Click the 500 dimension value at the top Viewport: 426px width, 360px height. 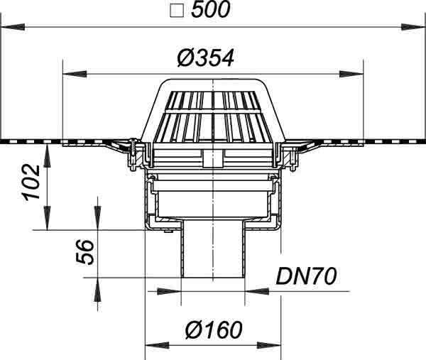tap(211, 10)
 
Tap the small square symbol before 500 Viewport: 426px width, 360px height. tap(177, 11)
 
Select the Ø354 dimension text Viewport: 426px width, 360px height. tap(206, 58)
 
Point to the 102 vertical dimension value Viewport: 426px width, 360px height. tap(33, 182)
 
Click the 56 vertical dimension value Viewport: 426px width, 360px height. tap(85, 252)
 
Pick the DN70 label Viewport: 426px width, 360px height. tap(306, 276)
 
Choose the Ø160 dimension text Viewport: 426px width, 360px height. tap(214, 330)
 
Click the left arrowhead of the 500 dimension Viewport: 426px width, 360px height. tap(13, 27)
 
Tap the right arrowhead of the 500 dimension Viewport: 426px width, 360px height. tap(413, 27)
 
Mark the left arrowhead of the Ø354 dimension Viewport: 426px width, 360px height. tap(75, 74)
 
